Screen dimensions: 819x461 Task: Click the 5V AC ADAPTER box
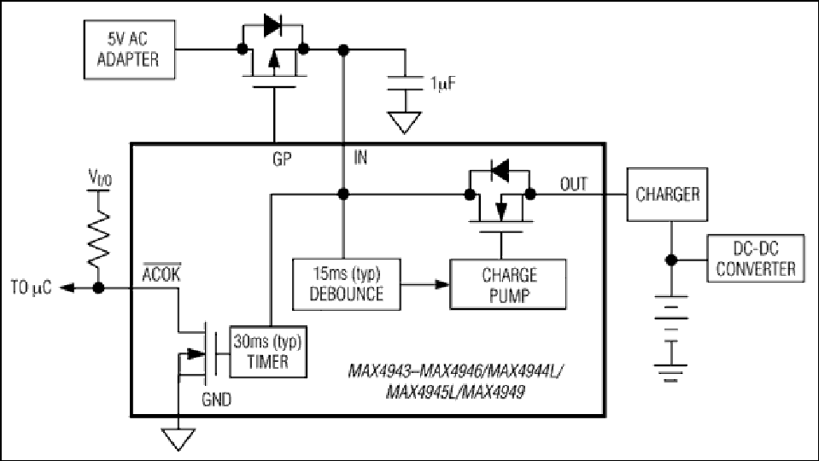point(130,50)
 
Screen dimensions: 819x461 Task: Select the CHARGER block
point(668,194)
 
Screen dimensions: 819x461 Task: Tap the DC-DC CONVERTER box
point(756,259)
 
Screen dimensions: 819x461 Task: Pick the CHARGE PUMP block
point(508,284)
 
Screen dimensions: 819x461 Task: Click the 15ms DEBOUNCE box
point(347,284)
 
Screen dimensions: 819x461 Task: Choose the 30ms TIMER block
point(268,352)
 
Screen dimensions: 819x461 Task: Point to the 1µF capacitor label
point(443,84)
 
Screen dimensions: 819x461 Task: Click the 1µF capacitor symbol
point(405,84)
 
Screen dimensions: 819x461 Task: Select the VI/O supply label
point(100,178)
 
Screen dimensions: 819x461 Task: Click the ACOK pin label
point(161,273)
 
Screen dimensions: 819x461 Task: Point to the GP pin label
point(282,159)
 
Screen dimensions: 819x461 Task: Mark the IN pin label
point(360,158)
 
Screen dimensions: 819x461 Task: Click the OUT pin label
point(574,184)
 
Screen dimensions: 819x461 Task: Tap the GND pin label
point(216,400)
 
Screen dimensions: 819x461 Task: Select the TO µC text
point(32,288)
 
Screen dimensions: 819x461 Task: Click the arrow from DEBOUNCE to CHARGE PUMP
point(425,284)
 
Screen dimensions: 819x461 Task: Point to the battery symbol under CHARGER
point(671,336)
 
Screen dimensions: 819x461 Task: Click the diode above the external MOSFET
point(272,25)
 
